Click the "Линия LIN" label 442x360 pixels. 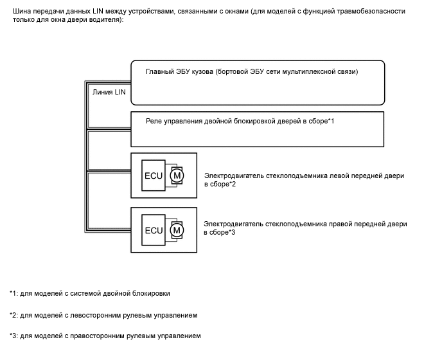[x=109, y=92]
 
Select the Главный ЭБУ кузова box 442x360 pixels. [x=258, y=82]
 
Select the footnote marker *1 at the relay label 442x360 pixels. [x=331, y=122]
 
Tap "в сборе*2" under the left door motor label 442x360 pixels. [x=220, y=184]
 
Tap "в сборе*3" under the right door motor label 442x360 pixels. [x=220, y=233]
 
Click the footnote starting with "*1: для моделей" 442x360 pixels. [x=90, y=294]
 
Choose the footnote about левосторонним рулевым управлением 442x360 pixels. [x=103, y=315]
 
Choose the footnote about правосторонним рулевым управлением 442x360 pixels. [x=105, y=336]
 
